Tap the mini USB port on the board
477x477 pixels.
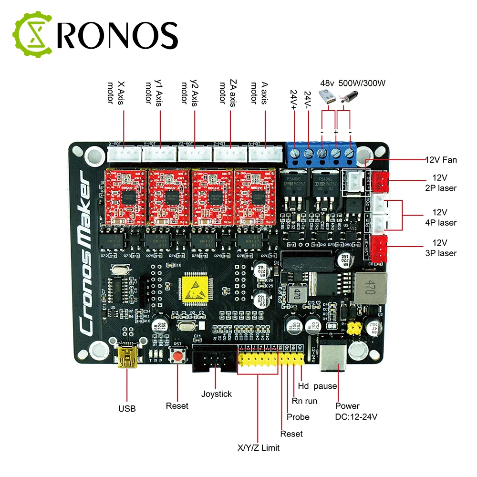(127, 356)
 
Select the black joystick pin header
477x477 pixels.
(214, 358)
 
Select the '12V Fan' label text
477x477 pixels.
(441, 160)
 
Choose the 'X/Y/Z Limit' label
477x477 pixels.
(259, 447)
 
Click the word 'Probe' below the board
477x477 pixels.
(298, 417)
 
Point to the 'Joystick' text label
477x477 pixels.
(216, 394)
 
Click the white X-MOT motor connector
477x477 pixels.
(124, 153)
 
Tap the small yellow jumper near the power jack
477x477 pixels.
(353, 328)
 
